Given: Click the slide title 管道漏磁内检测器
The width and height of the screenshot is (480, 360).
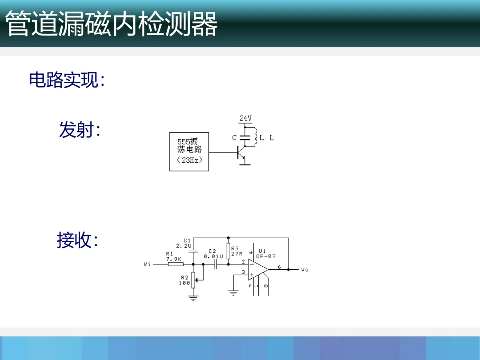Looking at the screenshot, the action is coord(111,24).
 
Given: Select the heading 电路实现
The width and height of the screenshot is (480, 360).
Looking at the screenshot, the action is coord(67,80).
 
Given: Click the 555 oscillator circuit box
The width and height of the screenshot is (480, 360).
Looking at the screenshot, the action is coord(189,152).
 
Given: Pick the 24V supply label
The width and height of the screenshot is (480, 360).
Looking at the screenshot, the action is coord(245,118).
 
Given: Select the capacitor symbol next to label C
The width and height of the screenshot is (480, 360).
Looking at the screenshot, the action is coord(245,137).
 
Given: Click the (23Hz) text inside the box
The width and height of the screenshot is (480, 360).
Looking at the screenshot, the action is coord(189,160).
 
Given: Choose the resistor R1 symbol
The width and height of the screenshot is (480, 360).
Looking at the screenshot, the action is coord(175,264).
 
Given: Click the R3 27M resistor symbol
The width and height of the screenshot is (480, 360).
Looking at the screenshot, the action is coord(228,251).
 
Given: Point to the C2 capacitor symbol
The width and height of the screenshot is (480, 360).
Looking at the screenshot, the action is coord(215,264).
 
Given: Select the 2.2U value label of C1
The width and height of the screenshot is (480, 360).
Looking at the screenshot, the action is coord(184,245).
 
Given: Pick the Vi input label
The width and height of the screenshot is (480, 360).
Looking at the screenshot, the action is coord(147,264).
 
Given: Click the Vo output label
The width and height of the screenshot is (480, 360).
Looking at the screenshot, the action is coord(304,270).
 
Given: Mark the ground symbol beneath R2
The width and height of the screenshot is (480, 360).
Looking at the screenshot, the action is coord(193,298).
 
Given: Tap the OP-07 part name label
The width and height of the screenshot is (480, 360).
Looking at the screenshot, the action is coord(266,256).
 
